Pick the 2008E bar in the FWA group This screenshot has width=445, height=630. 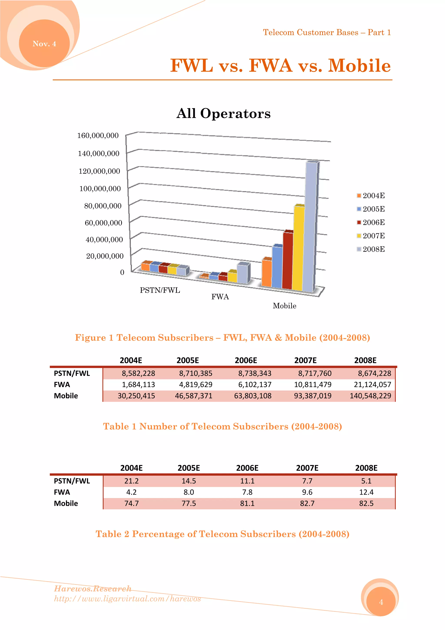coord(243,273)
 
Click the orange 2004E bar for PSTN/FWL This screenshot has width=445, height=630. coord(145,267)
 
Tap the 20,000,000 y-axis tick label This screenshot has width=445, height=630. coord(105,256)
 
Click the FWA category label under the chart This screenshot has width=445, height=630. coord(220,297)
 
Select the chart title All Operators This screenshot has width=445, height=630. coord(223,113)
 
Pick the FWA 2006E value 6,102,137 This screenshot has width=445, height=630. coord(255,384)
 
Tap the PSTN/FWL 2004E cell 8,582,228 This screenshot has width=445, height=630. coord(138,373)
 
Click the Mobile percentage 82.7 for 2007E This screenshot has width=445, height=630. coord(307,503)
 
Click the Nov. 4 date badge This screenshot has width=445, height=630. coord(44,44)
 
